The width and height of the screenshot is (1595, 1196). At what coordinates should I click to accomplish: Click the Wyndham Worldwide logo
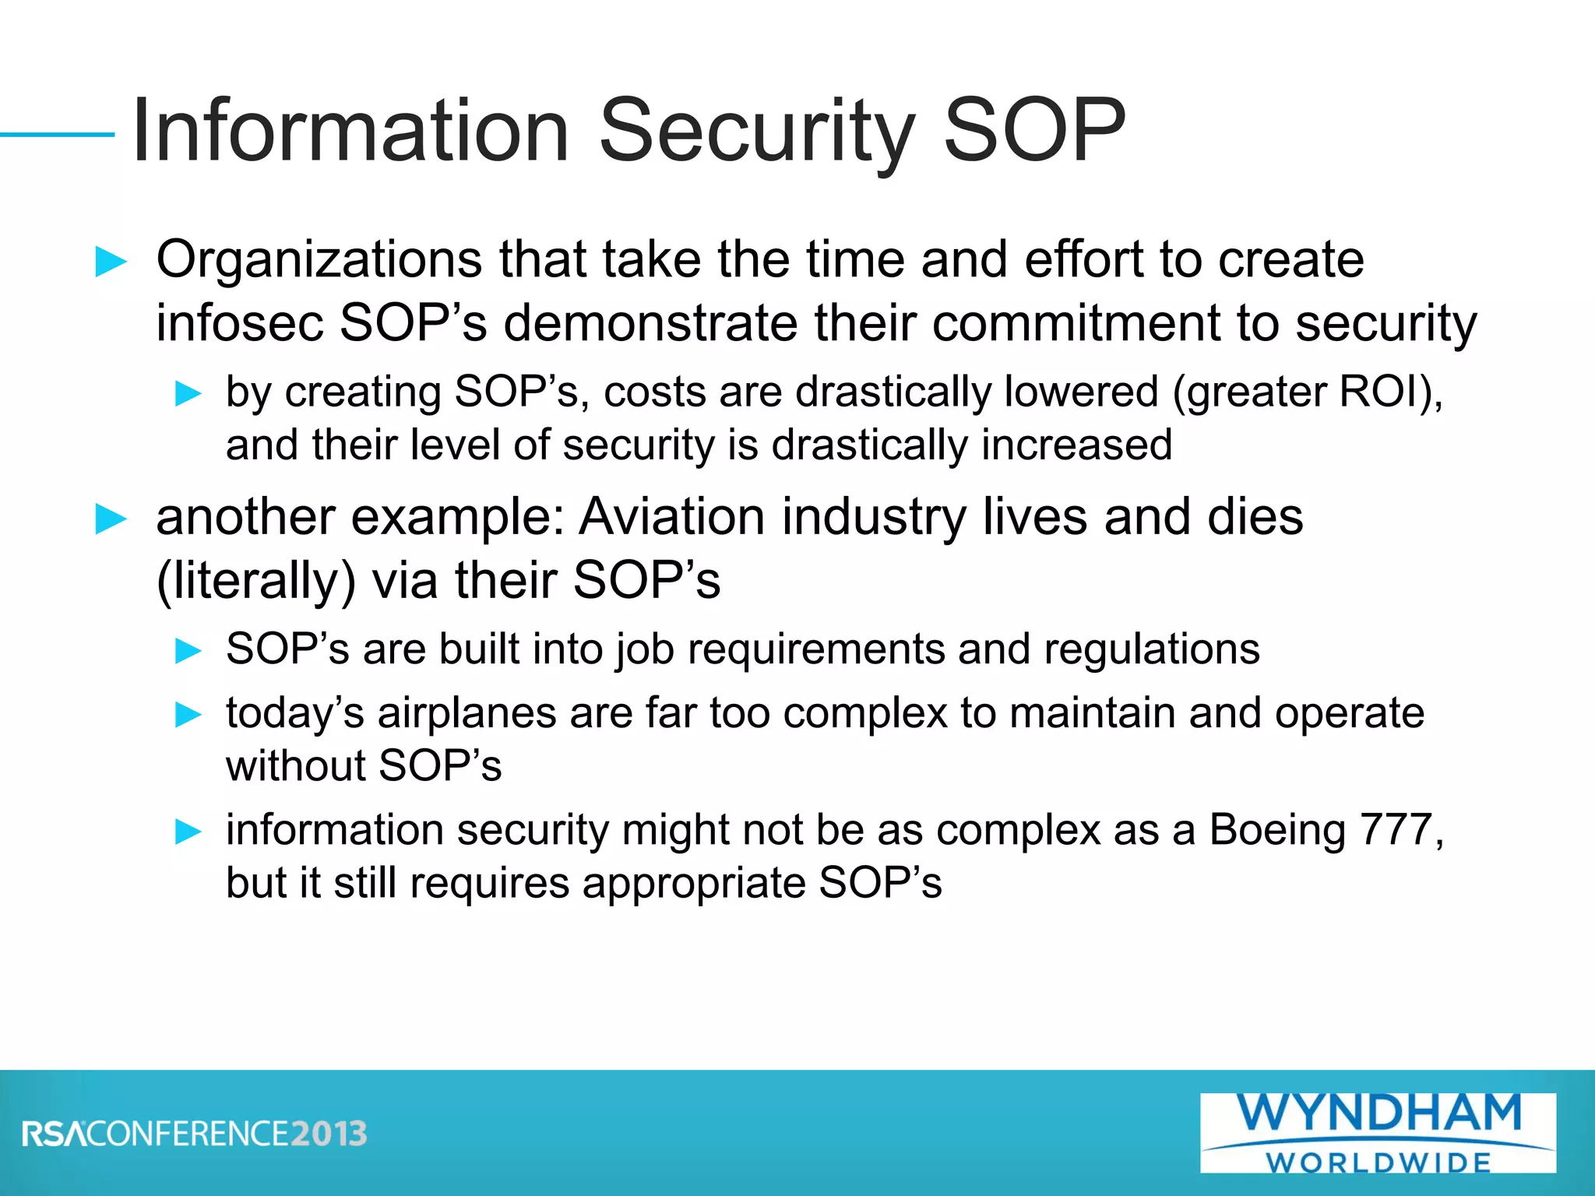click(1378, 1132)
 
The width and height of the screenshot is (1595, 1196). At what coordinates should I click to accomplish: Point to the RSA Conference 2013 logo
click(195, 1134)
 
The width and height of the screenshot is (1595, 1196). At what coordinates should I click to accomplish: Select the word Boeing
click(1277, 830)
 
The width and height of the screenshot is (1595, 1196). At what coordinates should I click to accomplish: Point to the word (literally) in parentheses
click(256, 581)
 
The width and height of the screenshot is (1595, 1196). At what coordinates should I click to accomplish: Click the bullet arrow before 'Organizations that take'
click(111, 262)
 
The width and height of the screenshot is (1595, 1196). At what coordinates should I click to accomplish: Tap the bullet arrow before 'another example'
click(111, 519)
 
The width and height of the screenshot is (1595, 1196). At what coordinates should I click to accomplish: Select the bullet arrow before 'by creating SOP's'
click(188, 393)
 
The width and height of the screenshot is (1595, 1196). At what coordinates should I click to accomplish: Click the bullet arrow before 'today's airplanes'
click(188, 714)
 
